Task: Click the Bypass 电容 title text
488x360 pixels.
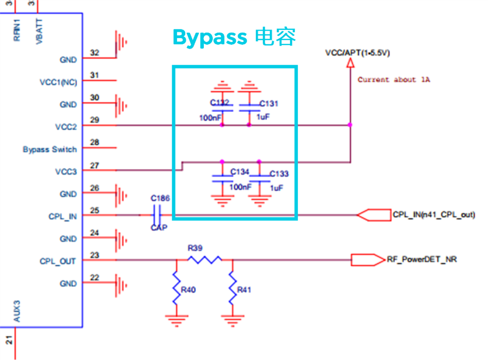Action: tap(234, 37)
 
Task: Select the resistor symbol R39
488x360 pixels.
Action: tap(205, 259)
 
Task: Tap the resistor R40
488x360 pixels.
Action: tap(176, 288)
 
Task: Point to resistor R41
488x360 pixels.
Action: tap(233, 288)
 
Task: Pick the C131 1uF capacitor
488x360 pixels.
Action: tap(249, 107)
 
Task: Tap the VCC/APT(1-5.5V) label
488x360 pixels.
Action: tap(357, 53)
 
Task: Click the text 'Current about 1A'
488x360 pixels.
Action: tap(394, 80)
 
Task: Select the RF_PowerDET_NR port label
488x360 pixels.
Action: tap(421, 260)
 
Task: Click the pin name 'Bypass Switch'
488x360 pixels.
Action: tap(50, 149)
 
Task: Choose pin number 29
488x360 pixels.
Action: tap(94, 120)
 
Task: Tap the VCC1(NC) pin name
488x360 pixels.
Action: tap(58, 82)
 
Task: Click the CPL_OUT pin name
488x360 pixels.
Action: tap(58, 261)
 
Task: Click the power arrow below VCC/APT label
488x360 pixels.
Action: tap(349, 64)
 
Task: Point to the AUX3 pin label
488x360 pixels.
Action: tap(17, 312)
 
